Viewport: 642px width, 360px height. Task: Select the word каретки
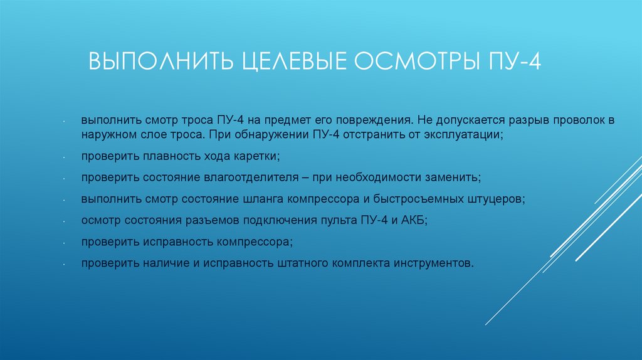[x=255, y=156]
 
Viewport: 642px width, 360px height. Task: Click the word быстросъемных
[x=431, y=199]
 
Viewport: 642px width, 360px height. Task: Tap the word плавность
[x=157, y=156]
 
